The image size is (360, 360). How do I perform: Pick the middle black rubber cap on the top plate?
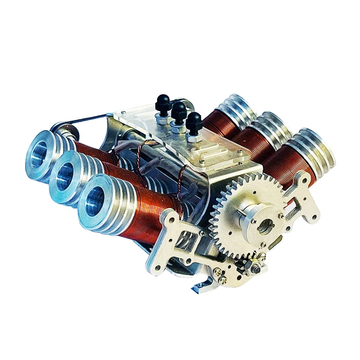click(x=179, y=112)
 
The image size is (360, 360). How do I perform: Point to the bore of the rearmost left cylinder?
click(x=43, y=151)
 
